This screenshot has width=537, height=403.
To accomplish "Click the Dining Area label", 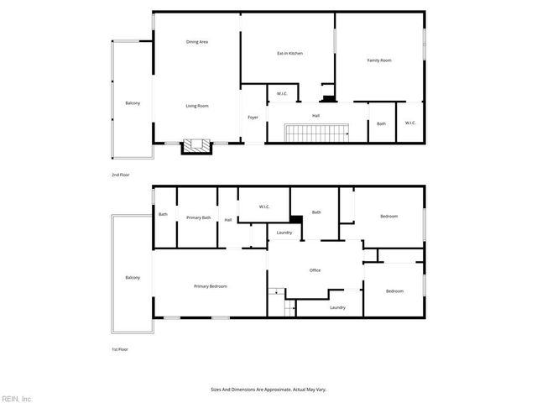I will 197,41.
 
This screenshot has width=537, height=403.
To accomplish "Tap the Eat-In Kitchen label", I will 289,54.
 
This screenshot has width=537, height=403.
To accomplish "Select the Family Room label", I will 380,60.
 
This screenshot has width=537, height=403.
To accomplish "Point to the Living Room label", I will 197,106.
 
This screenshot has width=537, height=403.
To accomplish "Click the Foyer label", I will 253,117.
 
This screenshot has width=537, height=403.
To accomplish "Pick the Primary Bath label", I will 199,218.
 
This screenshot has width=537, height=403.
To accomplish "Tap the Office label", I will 315,270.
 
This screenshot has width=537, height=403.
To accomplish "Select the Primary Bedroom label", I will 211,286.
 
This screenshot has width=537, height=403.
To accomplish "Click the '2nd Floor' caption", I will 121,175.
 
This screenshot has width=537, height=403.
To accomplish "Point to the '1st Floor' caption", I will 121,349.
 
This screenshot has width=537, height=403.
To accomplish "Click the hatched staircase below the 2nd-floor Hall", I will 317,133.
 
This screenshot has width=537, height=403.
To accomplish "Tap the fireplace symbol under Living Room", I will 198,145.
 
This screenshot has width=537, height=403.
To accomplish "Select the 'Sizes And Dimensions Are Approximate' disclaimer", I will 268,390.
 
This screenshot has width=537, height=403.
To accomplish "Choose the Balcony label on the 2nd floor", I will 133,103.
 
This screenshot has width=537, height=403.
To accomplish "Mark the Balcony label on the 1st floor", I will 133,278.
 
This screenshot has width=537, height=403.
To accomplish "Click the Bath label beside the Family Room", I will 381,124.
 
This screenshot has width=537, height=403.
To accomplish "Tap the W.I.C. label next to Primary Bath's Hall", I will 263,207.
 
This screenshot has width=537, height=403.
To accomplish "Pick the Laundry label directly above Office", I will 284,233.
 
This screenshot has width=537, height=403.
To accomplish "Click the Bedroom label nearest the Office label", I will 394,291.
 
